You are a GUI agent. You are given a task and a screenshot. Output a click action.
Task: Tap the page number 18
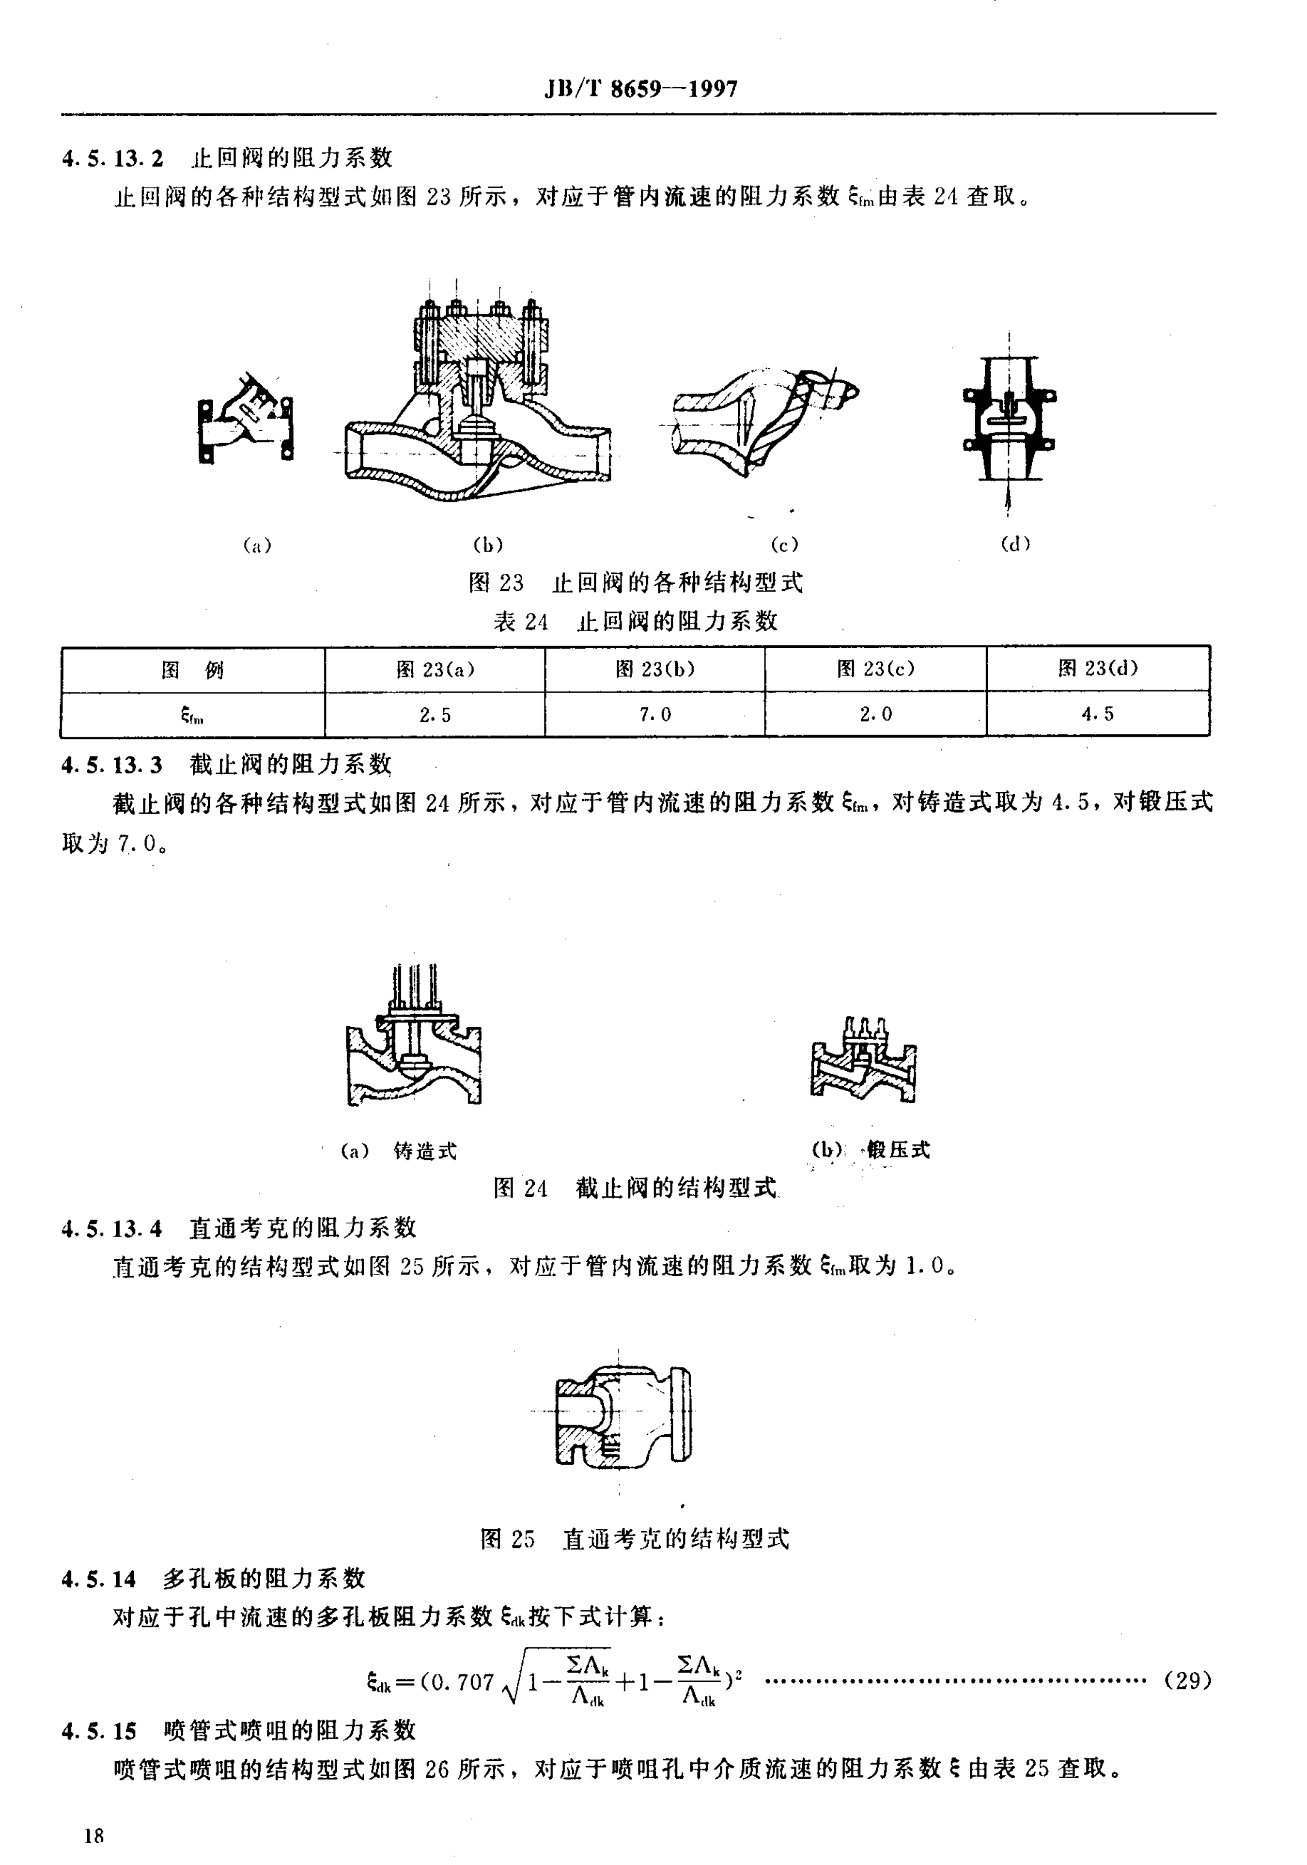click(x=94, y=1834)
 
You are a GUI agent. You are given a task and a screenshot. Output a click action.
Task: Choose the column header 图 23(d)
click(x=1098, y=669)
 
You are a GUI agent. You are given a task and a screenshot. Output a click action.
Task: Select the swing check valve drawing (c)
click(x=764, y=423)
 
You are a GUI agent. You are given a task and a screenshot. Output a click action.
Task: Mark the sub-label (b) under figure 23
click(x=488, y=544)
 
